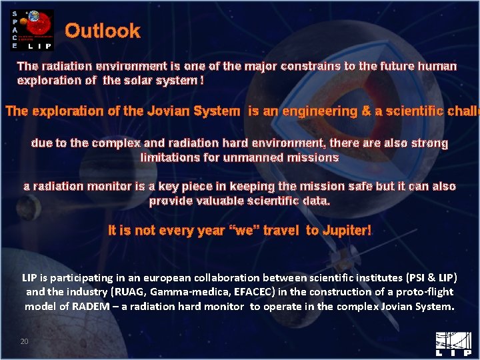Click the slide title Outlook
[x=103, y=31]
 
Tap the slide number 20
[x=25, y=341]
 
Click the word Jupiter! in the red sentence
[x=347, y=231]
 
